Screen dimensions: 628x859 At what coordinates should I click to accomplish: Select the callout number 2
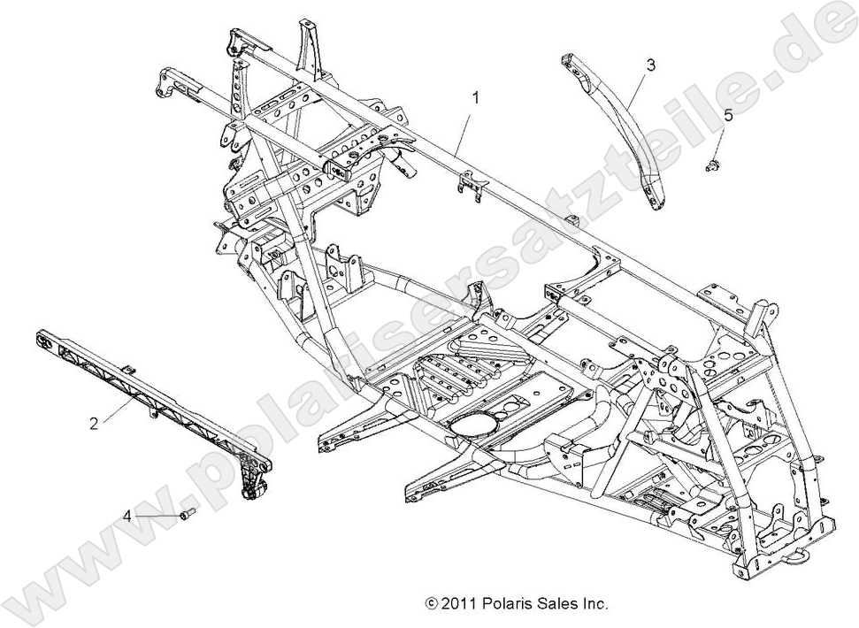point(95,423)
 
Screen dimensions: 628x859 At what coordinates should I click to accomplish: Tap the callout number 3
point(650,65)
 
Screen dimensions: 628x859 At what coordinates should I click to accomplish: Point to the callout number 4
point(127,515)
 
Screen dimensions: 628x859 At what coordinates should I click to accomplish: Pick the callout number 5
point(728,116)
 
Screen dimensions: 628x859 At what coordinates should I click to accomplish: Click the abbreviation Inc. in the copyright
point(596,605)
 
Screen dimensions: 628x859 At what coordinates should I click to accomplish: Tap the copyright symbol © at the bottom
point(433,605)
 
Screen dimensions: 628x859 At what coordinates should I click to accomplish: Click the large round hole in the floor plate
point(474,424)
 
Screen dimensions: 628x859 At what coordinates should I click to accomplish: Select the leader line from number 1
point(466,129)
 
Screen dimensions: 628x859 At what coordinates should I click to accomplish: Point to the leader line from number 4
point(156,515)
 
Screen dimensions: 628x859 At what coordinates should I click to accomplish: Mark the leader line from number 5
point(720,142)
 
